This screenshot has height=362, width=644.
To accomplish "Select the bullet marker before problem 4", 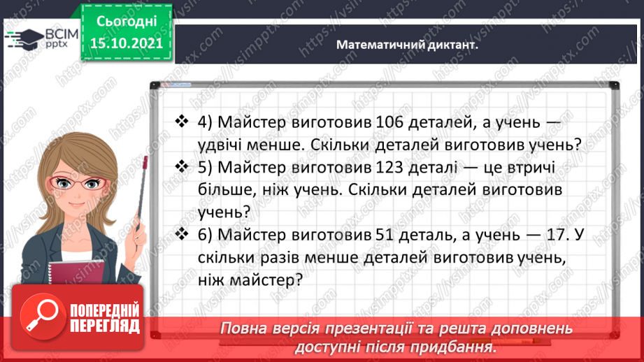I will click(x=183, y=122).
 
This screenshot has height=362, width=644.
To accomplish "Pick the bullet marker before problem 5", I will click(x=183, y=167).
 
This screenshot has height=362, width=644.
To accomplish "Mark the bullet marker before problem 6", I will click(x=183, y=236).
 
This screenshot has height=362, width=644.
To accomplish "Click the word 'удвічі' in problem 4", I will click(x=223, y=145).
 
